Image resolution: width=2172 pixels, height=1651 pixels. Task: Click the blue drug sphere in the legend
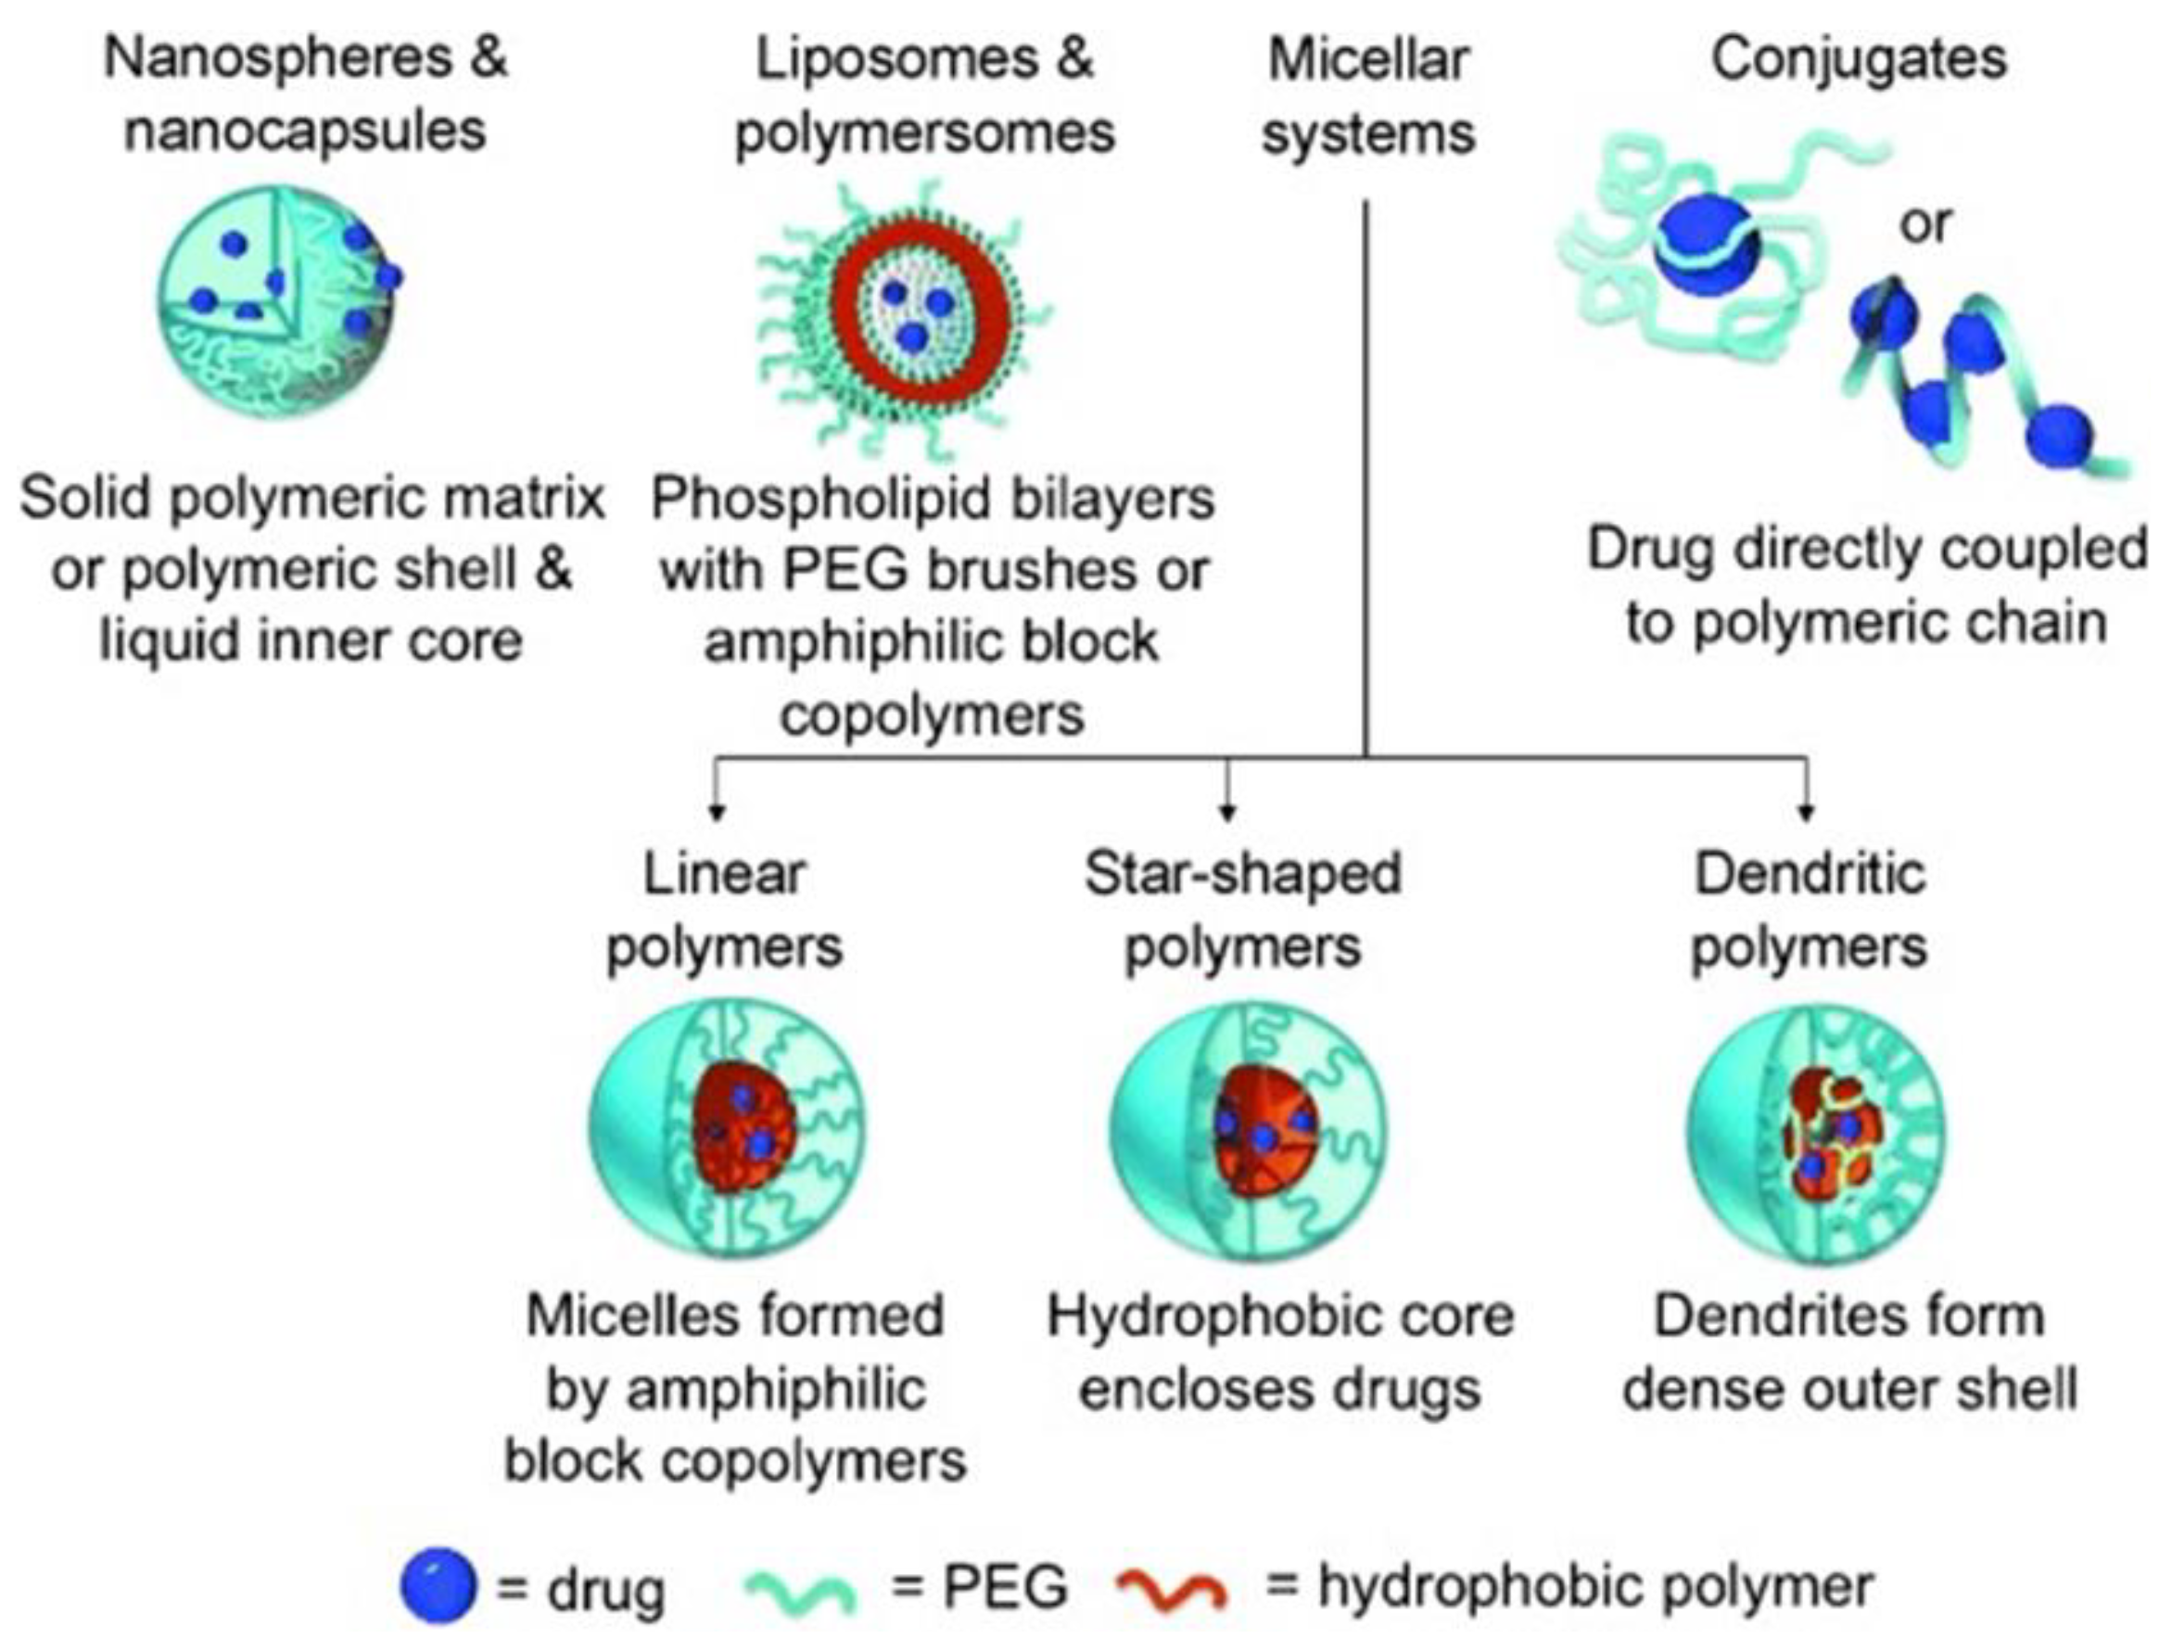(x=438, y=1584)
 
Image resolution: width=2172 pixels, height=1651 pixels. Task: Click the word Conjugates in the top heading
(x=1859, y=59)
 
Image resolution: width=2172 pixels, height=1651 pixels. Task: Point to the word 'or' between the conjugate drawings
(x=1924, y=225)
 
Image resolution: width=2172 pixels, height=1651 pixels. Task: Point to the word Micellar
(x=1367, y=59)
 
